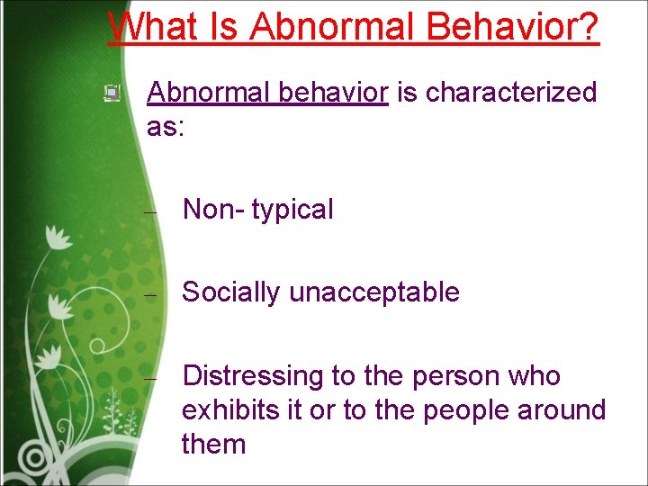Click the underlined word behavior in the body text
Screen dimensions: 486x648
coord(333,92)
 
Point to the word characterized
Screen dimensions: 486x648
coord(510,92)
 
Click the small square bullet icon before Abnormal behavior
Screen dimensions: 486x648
coord(112,92)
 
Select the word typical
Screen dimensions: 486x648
coord(292,210)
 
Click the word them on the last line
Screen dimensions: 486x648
coord(213,444)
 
